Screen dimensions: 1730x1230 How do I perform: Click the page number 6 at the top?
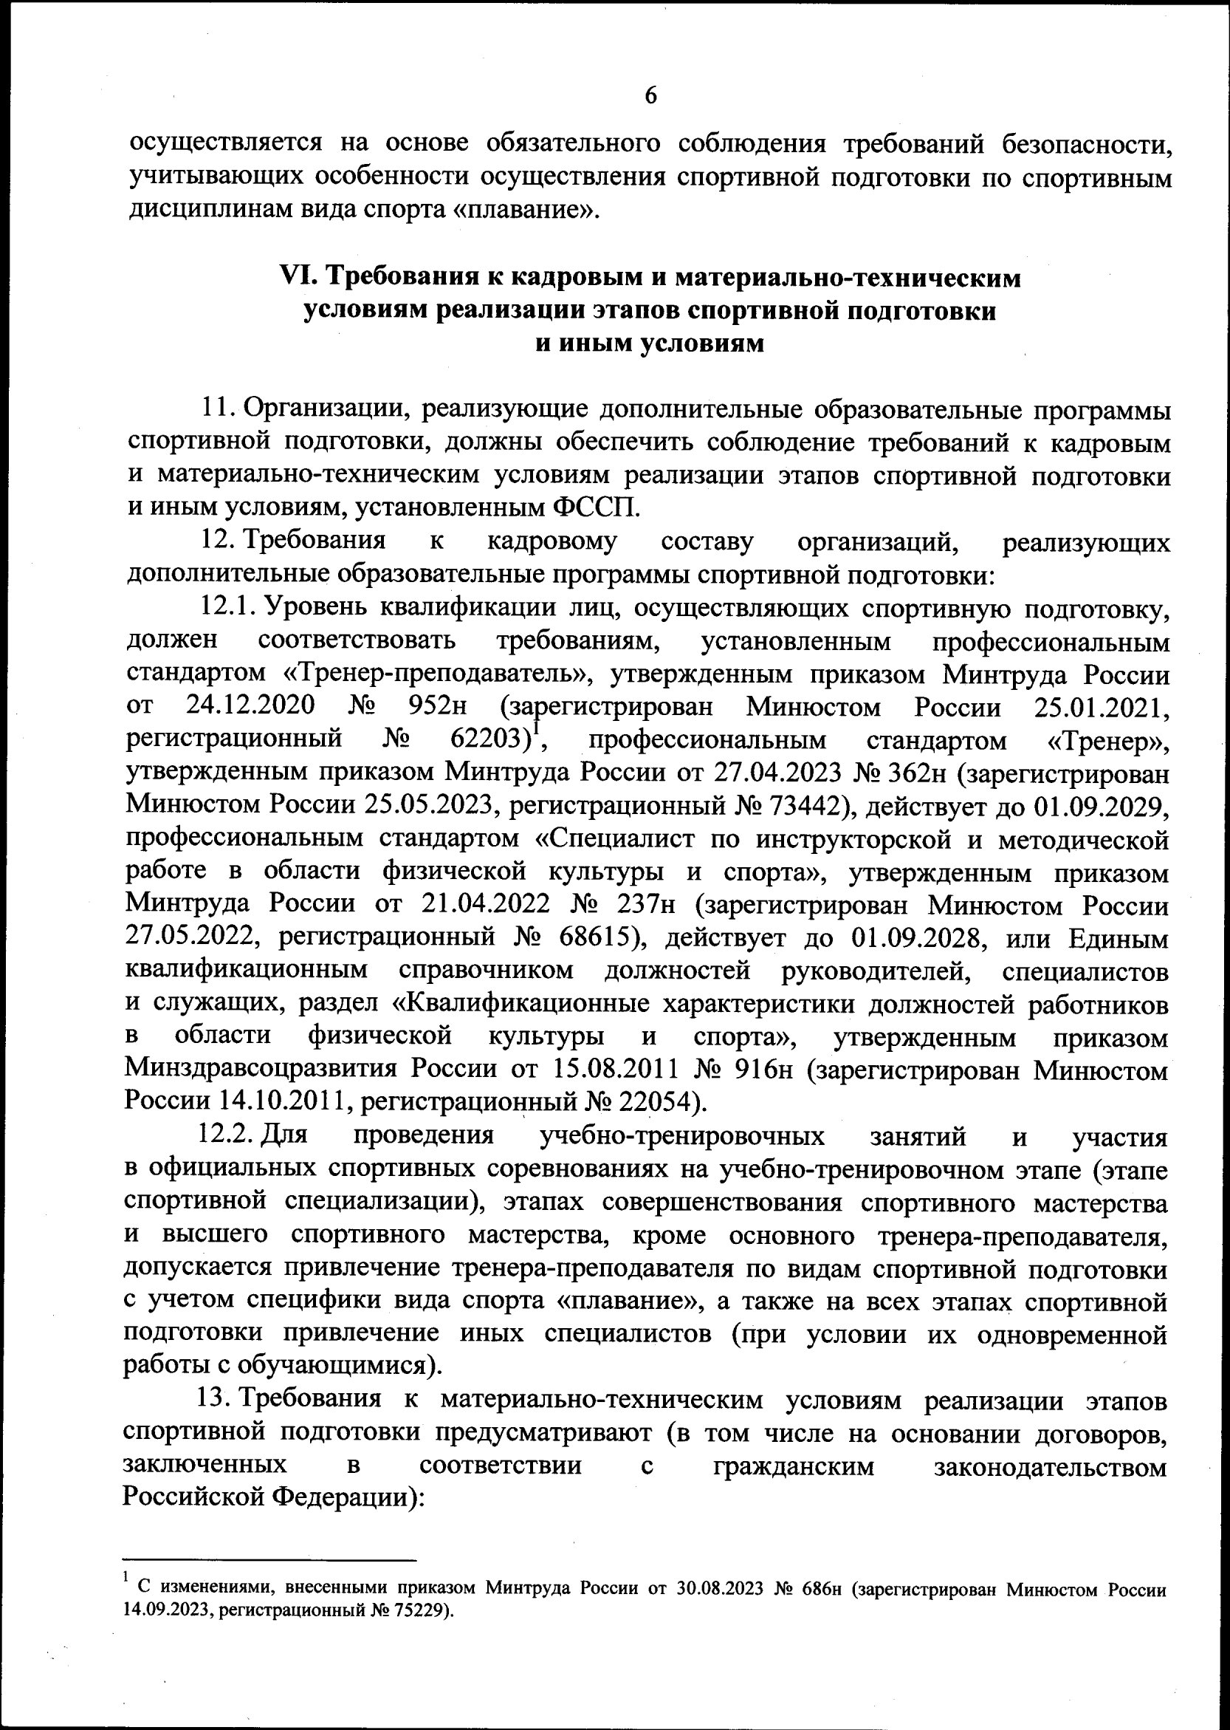tap(650, 96)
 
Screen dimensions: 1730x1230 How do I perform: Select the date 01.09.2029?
tap(1099, 805)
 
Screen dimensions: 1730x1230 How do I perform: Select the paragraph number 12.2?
tap(226, 1136)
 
